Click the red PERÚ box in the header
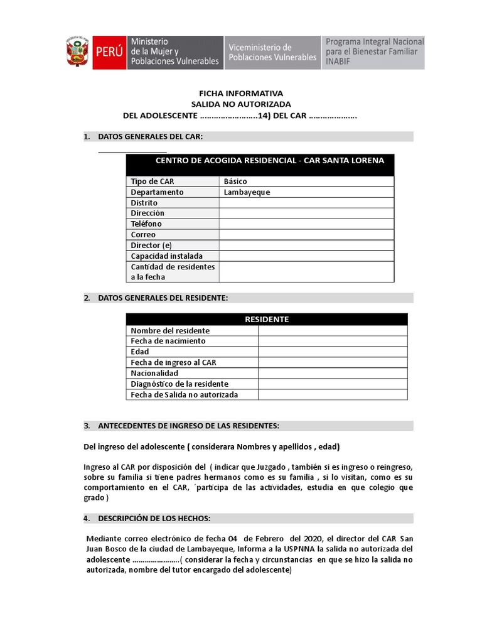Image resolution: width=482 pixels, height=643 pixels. coord(109,53)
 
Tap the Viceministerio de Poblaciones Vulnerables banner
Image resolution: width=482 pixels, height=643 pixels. coord(272,53)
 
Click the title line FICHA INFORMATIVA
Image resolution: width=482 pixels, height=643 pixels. coord(241,93)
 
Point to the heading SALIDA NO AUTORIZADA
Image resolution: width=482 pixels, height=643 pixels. coord(241,104)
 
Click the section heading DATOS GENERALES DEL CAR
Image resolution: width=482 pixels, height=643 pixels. coord(151,137)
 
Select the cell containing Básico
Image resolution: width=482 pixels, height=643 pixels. coord(306,181)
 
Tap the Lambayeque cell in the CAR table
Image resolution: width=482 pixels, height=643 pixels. coord(306,192)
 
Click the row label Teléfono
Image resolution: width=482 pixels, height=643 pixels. coord(146,224)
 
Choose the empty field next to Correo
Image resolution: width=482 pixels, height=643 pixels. coord(306,235)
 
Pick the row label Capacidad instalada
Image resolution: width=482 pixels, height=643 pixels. coord(166,256)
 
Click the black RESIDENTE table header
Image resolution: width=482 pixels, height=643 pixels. coord(266,319)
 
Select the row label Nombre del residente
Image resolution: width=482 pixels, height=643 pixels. coord(170,331)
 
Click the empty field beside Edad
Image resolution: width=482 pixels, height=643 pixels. coord(332,352)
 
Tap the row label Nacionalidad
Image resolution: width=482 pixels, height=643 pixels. coord(154,374)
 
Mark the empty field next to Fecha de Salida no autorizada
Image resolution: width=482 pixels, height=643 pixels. coord(332,395)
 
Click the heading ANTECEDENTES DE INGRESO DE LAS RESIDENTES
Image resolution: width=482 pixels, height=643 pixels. coord(189,426)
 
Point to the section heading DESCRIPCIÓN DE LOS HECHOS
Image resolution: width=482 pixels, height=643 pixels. coord(154,518)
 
